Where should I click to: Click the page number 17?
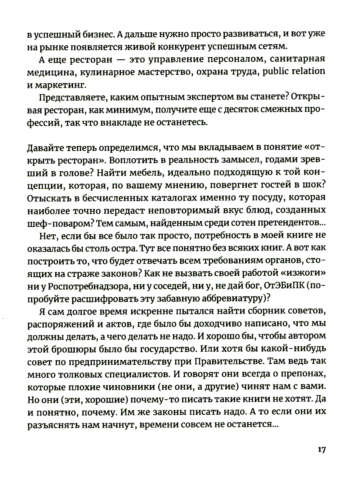pos(321,450)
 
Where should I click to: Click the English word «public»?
pos(277,71)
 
